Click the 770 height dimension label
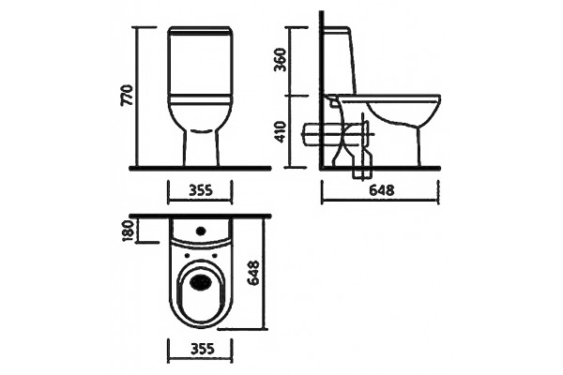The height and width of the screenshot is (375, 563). click(129, 96)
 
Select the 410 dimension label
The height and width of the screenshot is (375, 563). click(281, 131)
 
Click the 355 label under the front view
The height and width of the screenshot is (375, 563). click(201, 190)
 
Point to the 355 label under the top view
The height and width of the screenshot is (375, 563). click(202, 349)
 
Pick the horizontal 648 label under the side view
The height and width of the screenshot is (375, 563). click(382, 190)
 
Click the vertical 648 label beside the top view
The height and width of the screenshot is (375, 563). click(253, 274)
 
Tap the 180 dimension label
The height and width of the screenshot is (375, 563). click(129, 231)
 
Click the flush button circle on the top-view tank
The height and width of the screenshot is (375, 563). click(201, 230)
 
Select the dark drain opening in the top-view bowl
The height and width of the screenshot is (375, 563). click(201, 281)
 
